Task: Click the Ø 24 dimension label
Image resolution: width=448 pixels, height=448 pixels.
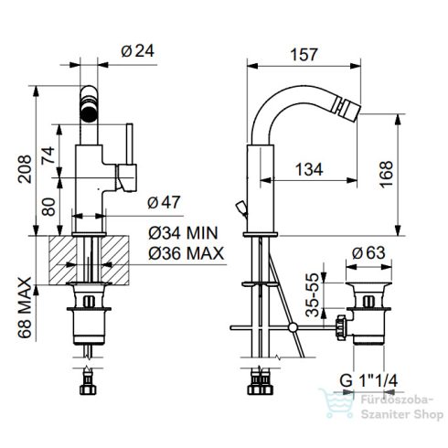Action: (x=136, y=51)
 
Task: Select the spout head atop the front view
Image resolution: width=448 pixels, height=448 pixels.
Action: (x=91, y=104)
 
